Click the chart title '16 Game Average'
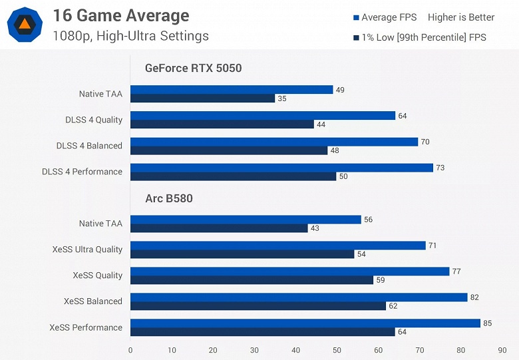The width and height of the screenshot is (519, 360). (x=120, y=16)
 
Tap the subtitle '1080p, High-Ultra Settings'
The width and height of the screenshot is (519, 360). (x=130, y=36)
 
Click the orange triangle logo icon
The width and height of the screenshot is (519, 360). (x=25, y=25)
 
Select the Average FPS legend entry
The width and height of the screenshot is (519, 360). (x=385, y=17)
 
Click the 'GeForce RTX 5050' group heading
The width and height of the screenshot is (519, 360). (x=194, y=68)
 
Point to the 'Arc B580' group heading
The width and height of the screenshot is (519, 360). (x=169, y=198)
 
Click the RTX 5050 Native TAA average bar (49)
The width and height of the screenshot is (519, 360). (x=232, y=90)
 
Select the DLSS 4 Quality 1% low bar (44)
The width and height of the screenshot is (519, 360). (x=222, y=124)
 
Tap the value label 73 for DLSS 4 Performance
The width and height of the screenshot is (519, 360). (x=440, y=168)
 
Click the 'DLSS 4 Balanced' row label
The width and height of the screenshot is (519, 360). (x=89, y=146)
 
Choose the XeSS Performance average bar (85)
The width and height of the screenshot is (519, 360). (x=305, y=323)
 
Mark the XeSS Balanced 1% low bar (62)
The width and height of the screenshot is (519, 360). (x=258, y=306)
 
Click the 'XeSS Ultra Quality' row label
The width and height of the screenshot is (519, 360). (x=87, y=250)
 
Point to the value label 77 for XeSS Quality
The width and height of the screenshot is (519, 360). (x=456, y=271)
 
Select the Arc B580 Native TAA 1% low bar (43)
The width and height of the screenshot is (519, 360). (x=219, y=228)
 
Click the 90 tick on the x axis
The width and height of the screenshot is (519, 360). (x=502, y=350)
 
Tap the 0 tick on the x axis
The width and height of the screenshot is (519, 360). (x=130, y=350)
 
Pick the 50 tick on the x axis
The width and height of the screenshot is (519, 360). (x=337, y=350)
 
